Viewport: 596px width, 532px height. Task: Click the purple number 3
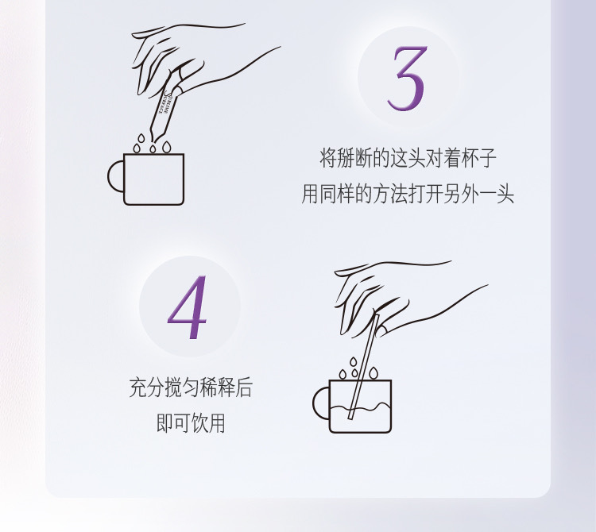click(x=408, y=79)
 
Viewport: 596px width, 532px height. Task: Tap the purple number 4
click(x=188, y=307)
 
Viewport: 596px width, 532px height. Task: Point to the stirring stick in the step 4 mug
click(x=364, y=366)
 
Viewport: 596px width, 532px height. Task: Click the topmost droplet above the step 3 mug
click(x=141, y=138)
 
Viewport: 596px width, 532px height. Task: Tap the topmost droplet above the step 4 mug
click(x=354, y=361)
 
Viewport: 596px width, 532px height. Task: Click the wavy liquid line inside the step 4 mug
click(x=359, y=409)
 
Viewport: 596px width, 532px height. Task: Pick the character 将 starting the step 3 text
click(x=327, y=158)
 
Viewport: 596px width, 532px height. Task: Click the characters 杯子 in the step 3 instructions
click(x=478, y=158)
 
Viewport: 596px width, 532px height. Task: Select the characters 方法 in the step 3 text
click(x=389, y=194)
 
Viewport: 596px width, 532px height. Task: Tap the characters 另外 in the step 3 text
click(x=461, y=194)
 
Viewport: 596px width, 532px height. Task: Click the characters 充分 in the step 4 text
click(x=147, y=387)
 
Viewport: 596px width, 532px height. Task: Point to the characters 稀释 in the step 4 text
click(x=218, y=387)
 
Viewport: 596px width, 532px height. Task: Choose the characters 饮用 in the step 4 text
click(x=208, y=422)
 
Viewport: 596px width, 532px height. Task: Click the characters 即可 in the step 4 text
click(x=173, y=422)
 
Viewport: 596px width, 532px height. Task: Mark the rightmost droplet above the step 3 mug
click(x=167, y=147)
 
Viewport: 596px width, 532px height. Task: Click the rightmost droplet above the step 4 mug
click(x=373, y=373)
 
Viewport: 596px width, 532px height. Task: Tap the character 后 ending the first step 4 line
click(x=244, y=387)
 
